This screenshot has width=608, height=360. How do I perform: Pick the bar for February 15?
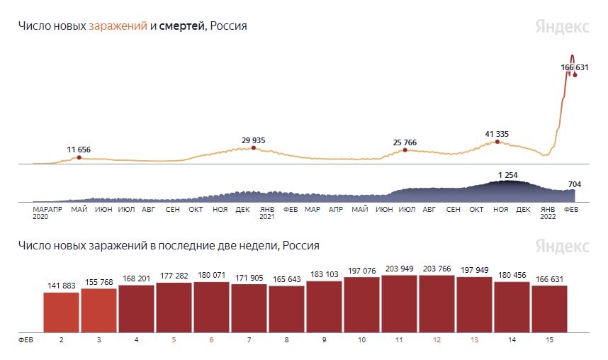point(549,308)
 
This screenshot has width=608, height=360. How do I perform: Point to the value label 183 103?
point(324,274)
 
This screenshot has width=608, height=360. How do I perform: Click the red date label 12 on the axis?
point(437,340)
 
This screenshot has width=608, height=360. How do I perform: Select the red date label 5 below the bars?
point(174,340)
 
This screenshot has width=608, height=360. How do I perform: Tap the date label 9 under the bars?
point(324,340)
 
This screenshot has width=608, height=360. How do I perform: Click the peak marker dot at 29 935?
point(253,148)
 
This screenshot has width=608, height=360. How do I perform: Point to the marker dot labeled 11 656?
point(79,157)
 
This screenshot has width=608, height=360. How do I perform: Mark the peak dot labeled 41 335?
point(497,142)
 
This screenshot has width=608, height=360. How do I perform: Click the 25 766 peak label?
point(405,142)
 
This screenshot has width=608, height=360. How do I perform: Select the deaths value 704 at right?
point(575,184)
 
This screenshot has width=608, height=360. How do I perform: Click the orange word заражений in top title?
point(118,26)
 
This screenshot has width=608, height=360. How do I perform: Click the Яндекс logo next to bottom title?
point(562,246)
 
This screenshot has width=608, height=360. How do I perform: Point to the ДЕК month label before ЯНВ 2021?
point(242,209)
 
